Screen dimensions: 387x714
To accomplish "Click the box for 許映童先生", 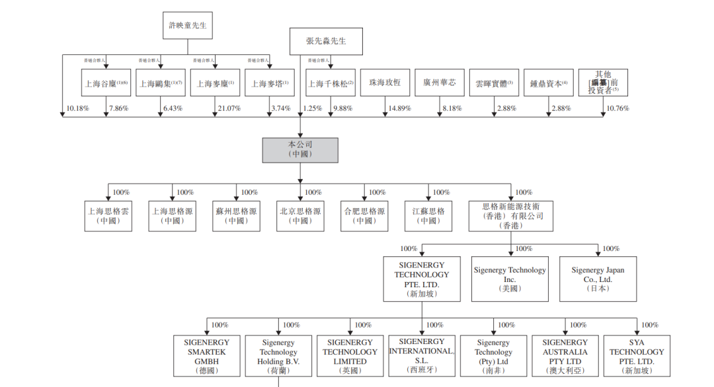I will coord(188,25).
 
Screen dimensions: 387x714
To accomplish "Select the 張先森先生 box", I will coord(326,41).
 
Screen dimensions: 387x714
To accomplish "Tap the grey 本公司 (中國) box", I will coord(299,149).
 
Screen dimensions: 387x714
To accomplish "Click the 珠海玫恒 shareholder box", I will coord(385,83).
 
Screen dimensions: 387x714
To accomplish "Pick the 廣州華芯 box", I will coord(440,83).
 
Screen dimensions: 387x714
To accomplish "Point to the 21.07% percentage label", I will coord(229,108).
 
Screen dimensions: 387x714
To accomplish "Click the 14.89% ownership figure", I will coord(400,108).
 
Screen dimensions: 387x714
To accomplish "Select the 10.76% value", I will coord(617,108).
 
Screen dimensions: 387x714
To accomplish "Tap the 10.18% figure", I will coord(77,108).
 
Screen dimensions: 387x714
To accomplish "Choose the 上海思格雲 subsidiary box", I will coord(108,216).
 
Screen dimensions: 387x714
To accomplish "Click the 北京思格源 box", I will coord(300,216).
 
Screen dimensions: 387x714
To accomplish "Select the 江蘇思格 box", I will coord(428,216).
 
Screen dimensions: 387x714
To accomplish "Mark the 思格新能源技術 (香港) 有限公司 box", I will coord(511,216).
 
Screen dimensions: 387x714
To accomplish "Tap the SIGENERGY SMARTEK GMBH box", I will coord(206,357).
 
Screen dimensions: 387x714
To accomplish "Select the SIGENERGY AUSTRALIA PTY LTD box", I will coord(565,357).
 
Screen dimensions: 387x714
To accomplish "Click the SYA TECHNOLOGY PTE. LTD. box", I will coord(637,357).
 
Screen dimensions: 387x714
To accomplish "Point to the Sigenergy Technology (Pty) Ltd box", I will coord(493,357).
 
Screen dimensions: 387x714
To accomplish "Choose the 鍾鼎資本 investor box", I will coord(549,83).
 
